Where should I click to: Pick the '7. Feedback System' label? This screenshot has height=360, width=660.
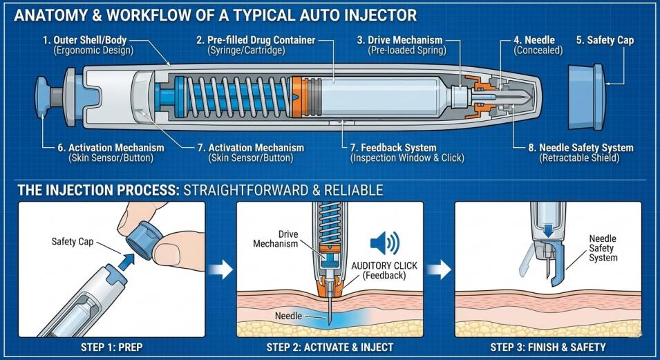pyautogui.click(x=393, y=147)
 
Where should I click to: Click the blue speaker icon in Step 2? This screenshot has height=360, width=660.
pyautogui.click(x=384, y=243)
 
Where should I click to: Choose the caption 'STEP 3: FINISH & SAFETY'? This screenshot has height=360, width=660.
pyautogui.click(x=548, y=345)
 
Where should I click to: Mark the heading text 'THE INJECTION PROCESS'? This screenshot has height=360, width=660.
pyautogui.click(x=97, y=189)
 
